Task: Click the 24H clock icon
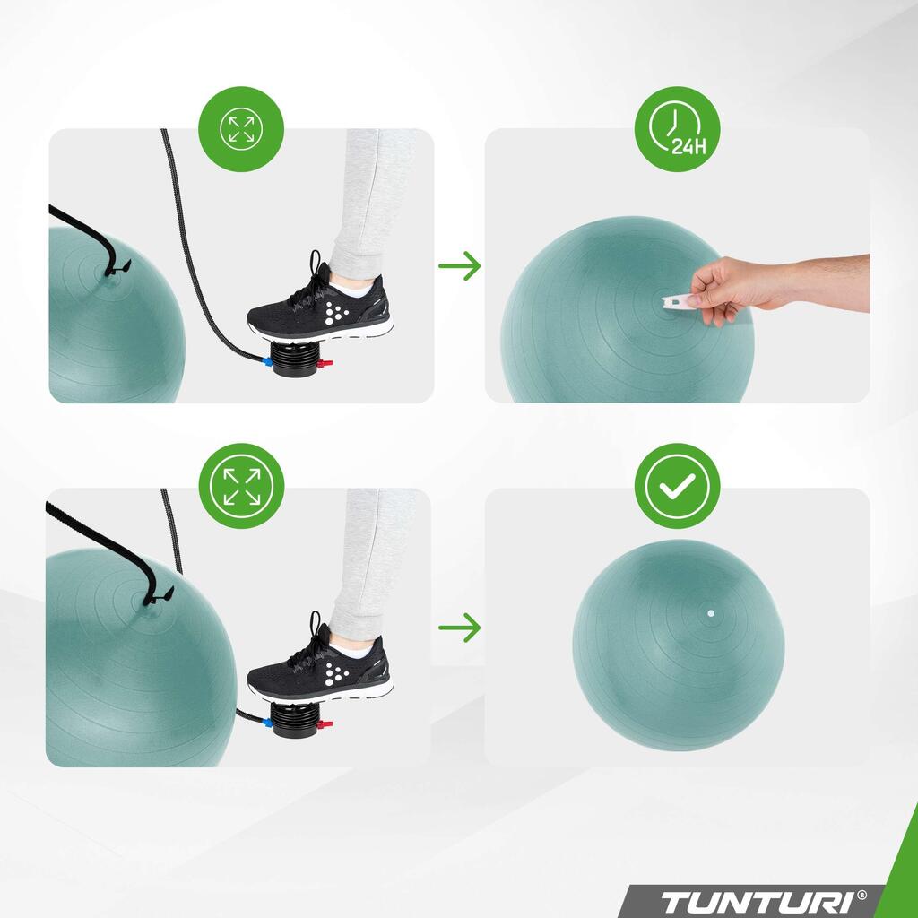click(677, 129)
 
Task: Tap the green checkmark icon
click(677, 486)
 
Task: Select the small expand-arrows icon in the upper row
click(241, 129)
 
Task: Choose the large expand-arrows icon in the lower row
click(241, 486)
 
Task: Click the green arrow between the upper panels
click(460, 265)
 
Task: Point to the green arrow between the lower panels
click(460, 627)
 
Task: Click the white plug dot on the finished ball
click(711, 613)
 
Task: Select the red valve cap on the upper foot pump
click(325, 364)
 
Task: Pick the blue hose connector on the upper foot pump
click(267, 362)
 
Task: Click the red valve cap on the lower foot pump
click(325, 724)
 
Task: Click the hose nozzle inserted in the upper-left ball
click(117, 269)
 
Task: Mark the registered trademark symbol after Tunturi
click(862, 895)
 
